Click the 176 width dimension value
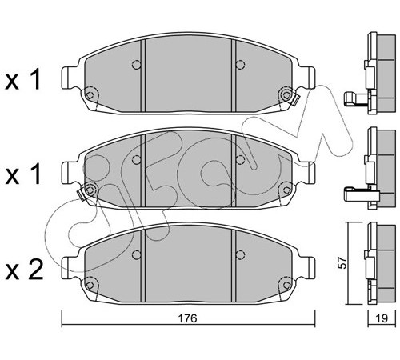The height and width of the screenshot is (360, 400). [187, 318]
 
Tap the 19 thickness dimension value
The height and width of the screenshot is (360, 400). [382, 318]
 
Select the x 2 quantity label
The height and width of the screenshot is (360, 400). [24, 270]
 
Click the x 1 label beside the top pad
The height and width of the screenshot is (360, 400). [23, 79]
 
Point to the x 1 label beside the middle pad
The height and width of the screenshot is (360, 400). [23, 174]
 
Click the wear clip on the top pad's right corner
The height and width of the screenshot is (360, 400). [294, 100]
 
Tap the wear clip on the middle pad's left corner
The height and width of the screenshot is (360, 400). [82, 194]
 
